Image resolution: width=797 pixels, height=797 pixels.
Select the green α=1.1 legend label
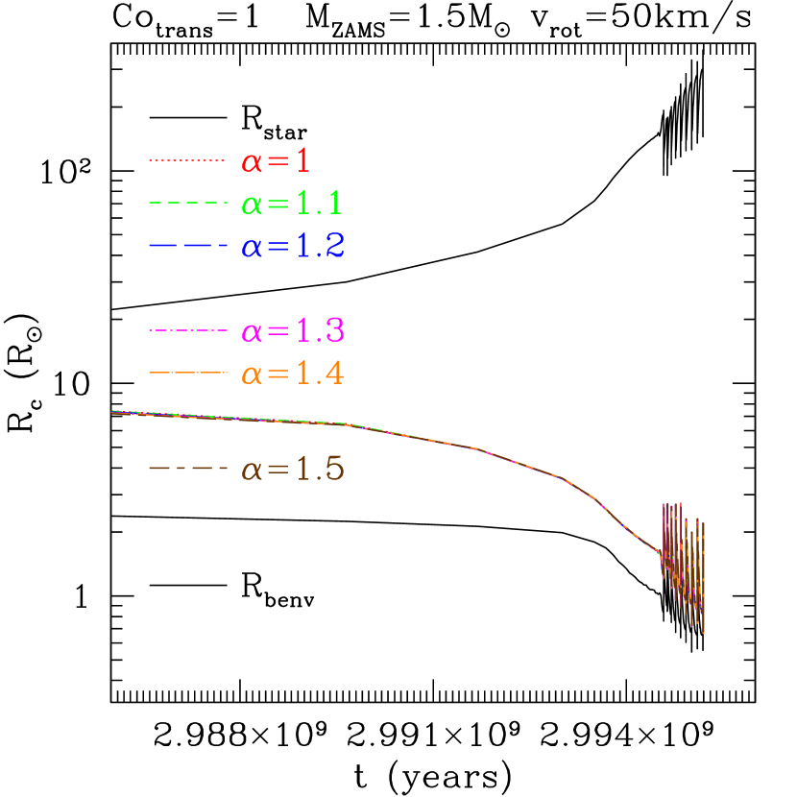pyautogui.click(x=292, y=204)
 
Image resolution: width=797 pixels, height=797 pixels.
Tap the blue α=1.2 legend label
pyautogui.click(x=292, y=247)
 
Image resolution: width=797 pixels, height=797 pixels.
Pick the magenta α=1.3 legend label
pyautogui.click(x=292, y=331)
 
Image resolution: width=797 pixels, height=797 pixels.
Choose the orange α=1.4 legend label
pyautogui.click(x=292, y=374)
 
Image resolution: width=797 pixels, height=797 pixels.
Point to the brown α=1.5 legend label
pyautogui.click(x=292, y=471)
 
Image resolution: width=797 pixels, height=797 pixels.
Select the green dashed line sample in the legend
pyautogui.click(x=187, y=204)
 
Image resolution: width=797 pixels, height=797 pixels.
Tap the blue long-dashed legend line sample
pyautogui.click(x=187, y=247)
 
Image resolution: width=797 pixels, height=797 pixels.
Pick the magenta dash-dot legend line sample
pyautogui.click(x=187, y=331)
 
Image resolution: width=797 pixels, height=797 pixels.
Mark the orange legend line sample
pyautogui.click(x=187, y=373)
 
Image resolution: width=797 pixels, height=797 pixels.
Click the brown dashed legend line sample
pyautogui.click(x=187, y=470)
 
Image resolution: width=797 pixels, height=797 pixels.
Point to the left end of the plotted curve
pyautogui.click(x=113, y=412)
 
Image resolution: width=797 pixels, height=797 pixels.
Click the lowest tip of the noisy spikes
pyautogui.click(x=704, y=633)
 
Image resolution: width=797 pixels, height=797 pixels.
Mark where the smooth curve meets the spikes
pyautogui.click(x=660, y=552)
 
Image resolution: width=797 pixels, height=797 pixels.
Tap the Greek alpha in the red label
pyautogui.click(x=252, y=162)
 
